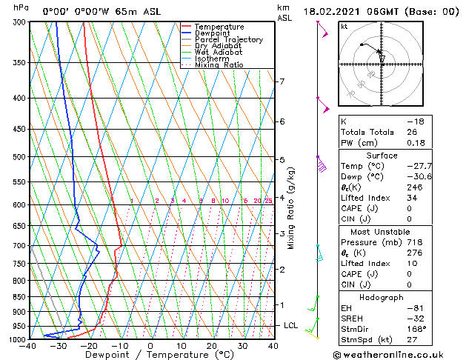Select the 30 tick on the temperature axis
click(x=242, y=346)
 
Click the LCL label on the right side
click(x=291, y=325)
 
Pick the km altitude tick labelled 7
click(x=281, y=81)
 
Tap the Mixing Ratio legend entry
click(x=219, y=65)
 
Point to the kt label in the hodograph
click(x=344, y=27)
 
